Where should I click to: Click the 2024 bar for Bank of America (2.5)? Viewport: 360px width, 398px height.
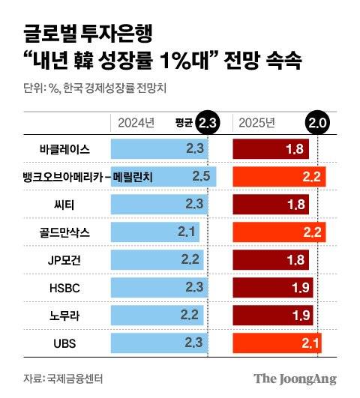pyautogui.click(x=163, y=177)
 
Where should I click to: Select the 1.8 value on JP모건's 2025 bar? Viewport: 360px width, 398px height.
pyautogui.click(x=295, y=261)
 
